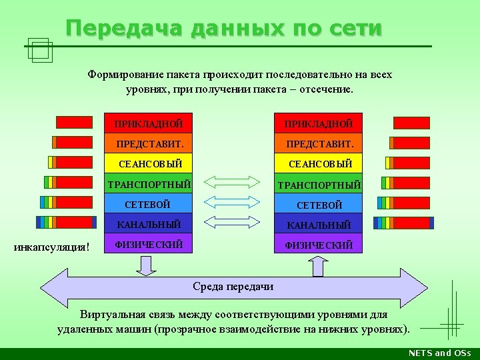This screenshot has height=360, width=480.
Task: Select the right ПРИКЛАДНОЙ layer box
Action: (x=319, y=124)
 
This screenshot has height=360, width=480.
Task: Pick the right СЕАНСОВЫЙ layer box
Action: (x=319, y=163)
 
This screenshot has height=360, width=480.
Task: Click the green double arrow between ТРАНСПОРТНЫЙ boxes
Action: (x=231, y=182)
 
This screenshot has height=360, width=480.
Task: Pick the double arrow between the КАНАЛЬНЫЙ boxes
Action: (x=231, y=221)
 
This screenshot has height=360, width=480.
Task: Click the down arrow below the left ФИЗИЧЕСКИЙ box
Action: (x=146, y=266)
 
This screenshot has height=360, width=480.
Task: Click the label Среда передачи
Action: (x=233, y=287)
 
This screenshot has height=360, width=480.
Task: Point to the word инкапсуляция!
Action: (x=52, y=247)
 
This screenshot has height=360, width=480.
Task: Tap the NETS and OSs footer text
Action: (x=439, y=353)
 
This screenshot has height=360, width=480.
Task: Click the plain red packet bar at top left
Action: (x=74, y=122)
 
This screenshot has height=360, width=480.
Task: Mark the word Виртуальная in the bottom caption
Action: (x=113, y=314)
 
